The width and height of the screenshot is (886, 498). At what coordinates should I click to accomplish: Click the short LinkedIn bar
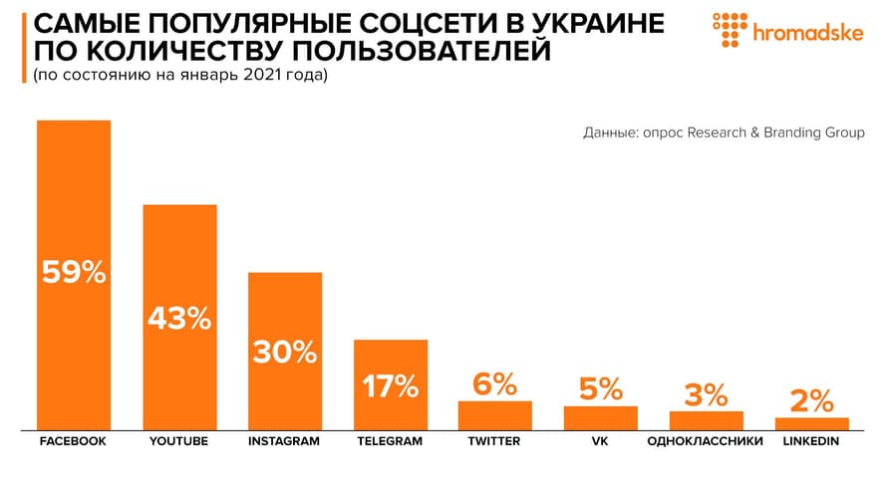point(811,422)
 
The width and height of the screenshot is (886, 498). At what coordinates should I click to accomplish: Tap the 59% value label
point(74,271)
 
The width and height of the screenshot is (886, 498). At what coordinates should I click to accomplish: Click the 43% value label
point(179,319)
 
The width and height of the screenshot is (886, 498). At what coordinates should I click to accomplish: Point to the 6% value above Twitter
point(494,383)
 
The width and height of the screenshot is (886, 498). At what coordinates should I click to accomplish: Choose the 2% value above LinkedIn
point(811,400)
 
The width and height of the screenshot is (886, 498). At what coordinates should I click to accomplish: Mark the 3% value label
point(706,394)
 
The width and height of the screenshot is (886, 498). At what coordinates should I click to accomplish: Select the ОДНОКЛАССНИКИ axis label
point(706,441)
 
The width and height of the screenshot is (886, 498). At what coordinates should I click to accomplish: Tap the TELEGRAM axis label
point(391,441)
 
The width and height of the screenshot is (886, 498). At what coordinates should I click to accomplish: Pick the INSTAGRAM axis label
point(284,441)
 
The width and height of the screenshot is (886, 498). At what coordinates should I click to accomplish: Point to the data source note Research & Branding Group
point(724,132)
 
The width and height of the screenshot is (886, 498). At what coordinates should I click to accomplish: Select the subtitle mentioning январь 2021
point(179,76)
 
